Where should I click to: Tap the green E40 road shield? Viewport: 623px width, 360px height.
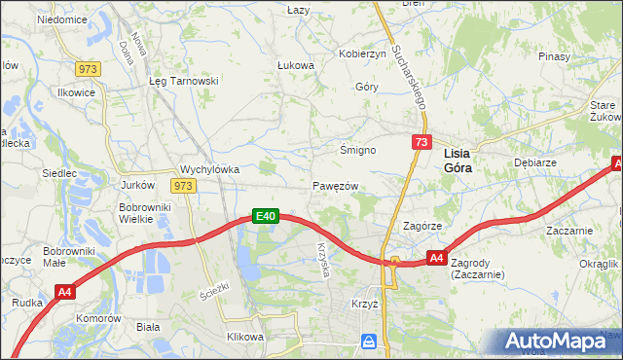[x=267, y=216]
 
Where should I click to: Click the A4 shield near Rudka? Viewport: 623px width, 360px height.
[x=65, y=291]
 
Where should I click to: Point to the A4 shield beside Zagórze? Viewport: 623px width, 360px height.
[x=437, y=258]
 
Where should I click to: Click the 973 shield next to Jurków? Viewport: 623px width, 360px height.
[x=182, y=185]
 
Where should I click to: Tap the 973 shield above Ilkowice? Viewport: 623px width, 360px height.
[x=89, y=68]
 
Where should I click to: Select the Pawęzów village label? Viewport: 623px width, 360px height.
[x=337, y=186]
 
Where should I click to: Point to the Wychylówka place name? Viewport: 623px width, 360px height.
[x=210, y=168]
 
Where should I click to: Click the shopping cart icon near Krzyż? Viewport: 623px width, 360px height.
[x=369, y=342]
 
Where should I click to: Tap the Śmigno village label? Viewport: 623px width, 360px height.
[x=357, y=150]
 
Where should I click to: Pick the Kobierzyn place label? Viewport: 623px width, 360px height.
[x=362, y=54]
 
